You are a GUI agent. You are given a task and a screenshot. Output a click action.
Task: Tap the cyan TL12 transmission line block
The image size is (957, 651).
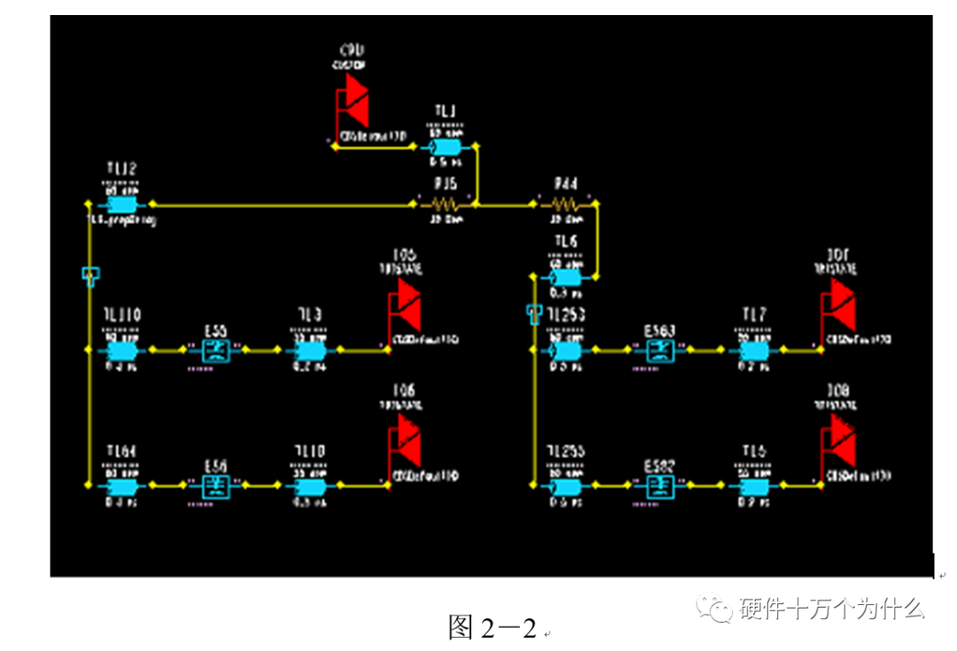pyautogui.click(x=121, y=204)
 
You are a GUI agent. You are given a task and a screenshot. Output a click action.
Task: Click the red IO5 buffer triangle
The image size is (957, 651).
pyautogui.click(x=406, y=301)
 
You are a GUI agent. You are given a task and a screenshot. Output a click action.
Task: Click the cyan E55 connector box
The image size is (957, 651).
pyautogui.click(x=215, y=350)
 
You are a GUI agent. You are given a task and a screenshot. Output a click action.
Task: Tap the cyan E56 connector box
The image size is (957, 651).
pyautogui.click(x=215, y=485)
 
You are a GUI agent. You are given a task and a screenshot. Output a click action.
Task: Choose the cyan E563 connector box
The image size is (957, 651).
pyautogui.click(x=659, y=350)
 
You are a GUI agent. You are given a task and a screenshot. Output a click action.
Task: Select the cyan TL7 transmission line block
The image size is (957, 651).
pyautogui.click(x=754, y=350)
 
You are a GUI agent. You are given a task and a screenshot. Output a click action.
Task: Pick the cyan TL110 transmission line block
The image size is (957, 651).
pyautogui.click(x=121, y=350)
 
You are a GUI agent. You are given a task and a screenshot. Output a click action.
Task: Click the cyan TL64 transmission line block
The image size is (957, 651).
pyautogui.click(x=121, y=485)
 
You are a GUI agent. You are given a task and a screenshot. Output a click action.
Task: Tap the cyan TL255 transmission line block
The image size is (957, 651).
pyautogui.click(x=565, y=485)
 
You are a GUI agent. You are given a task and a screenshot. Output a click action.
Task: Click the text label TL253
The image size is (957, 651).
pyautogui.click(x=565, y=314)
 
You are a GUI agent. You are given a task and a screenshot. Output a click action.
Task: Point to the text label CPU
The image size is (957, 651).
pyautogui.click(x=353, y=50)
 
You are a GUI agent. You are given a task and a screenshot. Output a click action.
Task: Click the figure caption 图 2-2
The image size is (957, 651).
pyautogui.click(x=493, y=627)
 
